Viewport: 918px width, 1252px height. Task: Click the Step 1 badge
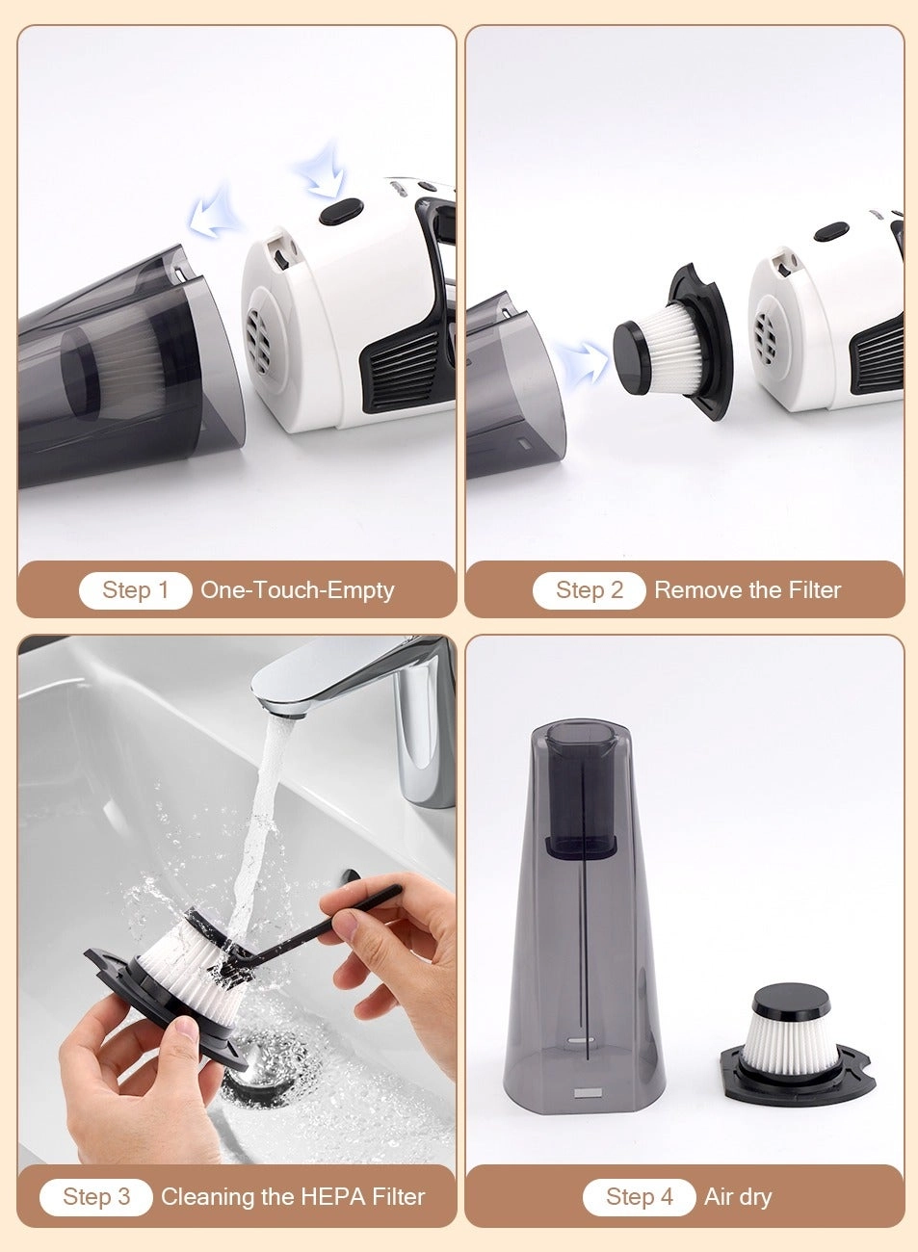(135, 590)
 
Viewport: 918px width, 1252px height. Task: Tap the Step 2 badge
(589, 590)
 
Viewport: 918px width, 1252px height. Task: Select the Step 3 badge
(95, 1197)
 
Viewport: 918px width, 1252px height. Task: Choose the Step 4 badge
(639, 1197)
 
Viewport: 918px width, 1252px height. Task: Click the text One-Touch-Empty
(297, 590)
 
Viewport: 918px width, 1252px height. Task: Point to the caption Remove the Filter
(748, 590)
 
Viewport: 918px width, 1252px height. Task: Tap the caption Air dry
(738, 1197)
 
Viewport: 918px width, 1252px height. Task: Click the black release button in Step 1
(340, 210)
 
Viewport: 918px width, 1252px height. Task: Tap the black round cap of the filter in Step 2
(631, 358)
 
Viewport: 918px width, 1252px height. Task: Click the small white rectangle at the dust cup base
(586, 1093)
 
